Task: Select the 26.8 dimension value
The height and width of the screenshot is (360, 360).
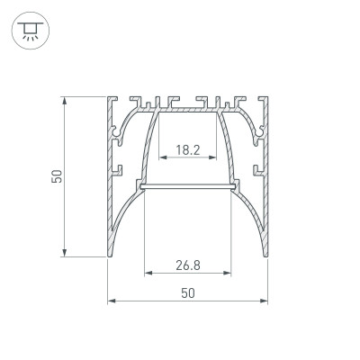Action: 187,265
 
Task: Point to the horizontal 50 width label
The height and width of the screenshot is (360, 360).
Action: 187,292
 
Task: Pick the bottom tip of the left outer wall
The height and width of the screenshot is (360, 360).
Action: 110,255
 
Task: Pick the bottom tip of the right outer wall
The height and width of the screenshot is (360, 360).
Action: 266,255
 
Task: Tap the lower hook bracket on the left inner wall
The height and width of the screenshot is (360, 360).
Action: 117,168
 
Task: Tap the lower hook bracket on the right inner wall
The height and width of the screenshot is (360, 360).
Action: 259,168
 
